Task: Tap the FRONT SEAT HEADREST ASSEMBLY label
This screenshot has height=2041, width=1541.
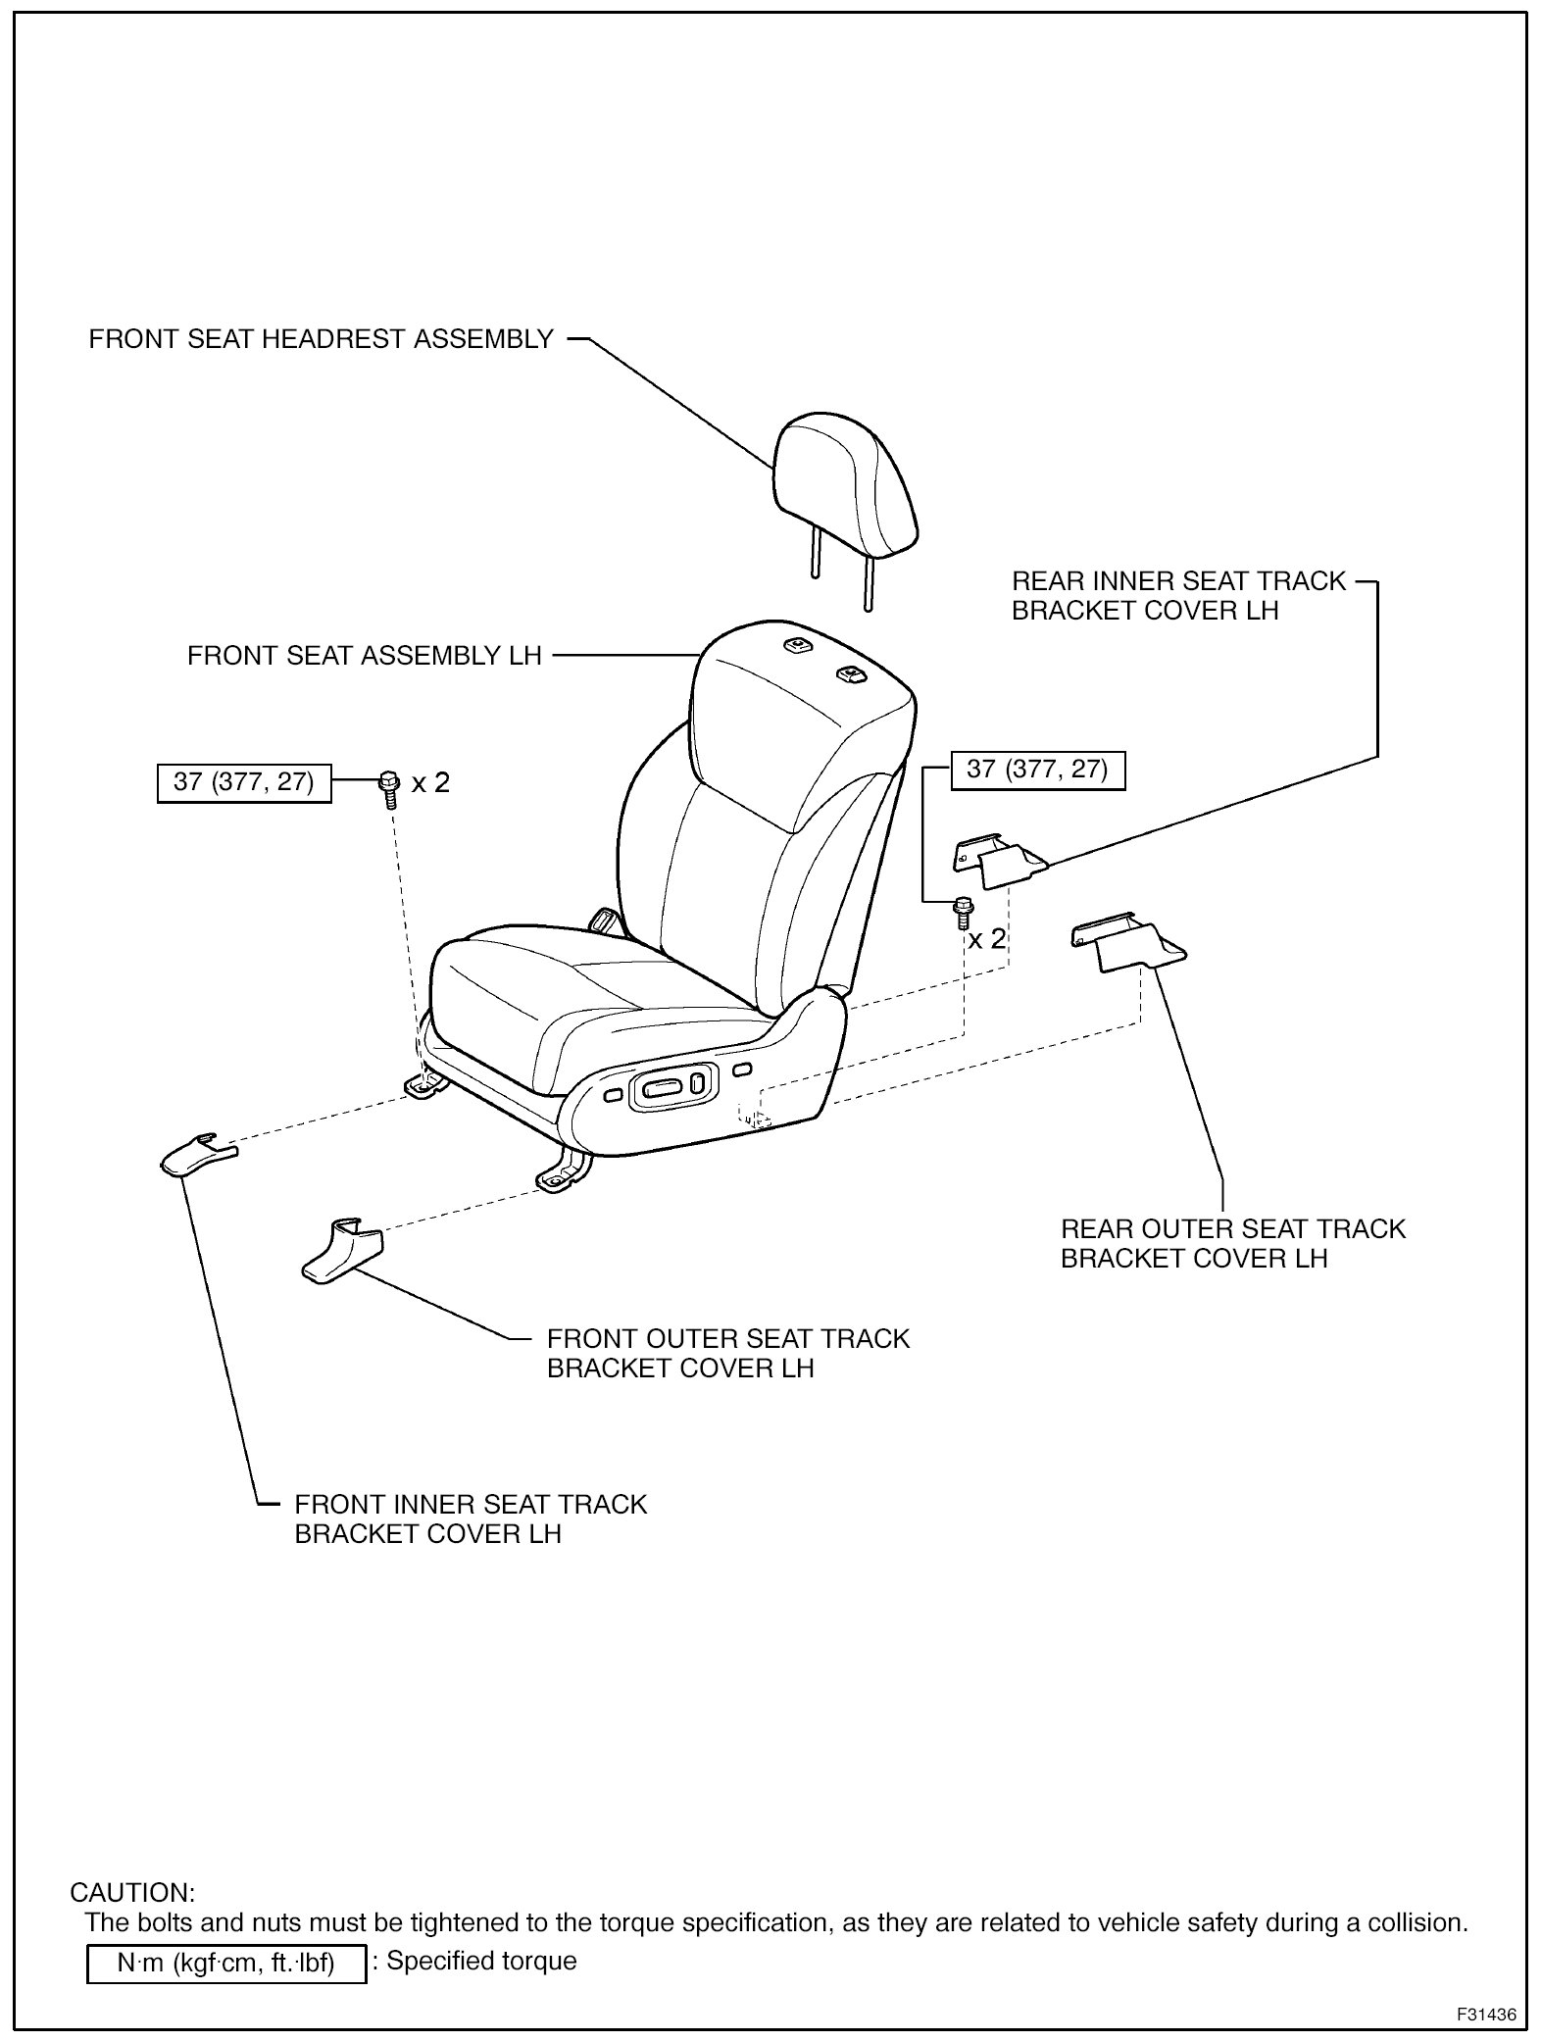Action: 322,339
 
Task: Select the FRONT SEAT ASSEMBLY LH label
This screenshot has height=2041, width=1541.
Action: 364,655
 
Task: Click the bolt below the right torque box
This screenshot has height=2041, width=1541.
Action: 963,911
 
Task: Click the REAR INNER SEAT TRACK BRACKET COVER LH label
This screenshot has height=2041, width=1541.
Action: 1178,595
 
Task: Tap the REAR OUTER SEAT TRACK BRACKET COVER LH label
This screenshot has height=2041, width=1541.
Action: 1232,1243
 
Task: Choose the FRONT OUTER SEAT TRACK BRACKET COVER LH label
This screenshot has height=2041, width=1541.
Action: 727,1353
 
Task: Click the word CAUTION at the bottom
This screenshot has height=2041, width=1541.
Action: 132,1892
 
